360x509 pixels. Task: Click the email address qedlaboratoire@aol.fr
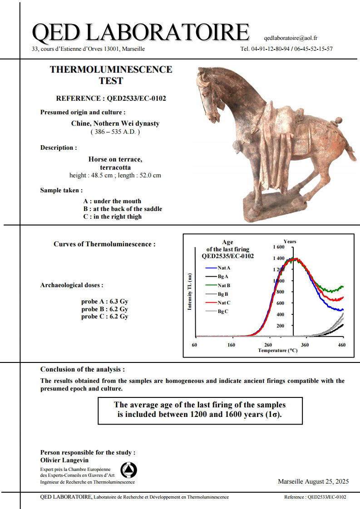290,38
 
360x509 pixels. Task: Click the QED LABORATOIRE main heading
141,33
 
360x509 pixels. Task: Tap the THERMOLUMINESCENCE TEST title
111,75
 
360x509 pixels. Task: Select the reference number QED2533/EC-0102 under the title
111,98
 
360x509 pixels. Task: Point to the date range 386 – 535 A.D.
115,132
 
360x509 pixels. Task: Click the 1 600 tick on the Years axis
278,247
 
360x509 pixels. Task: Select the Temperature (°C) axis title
277,351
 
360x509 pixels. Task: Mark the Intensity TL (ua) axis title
190,292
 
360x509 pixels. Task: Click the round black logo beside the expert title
129,470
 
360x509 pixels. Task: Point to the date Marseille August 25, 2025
313,482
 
